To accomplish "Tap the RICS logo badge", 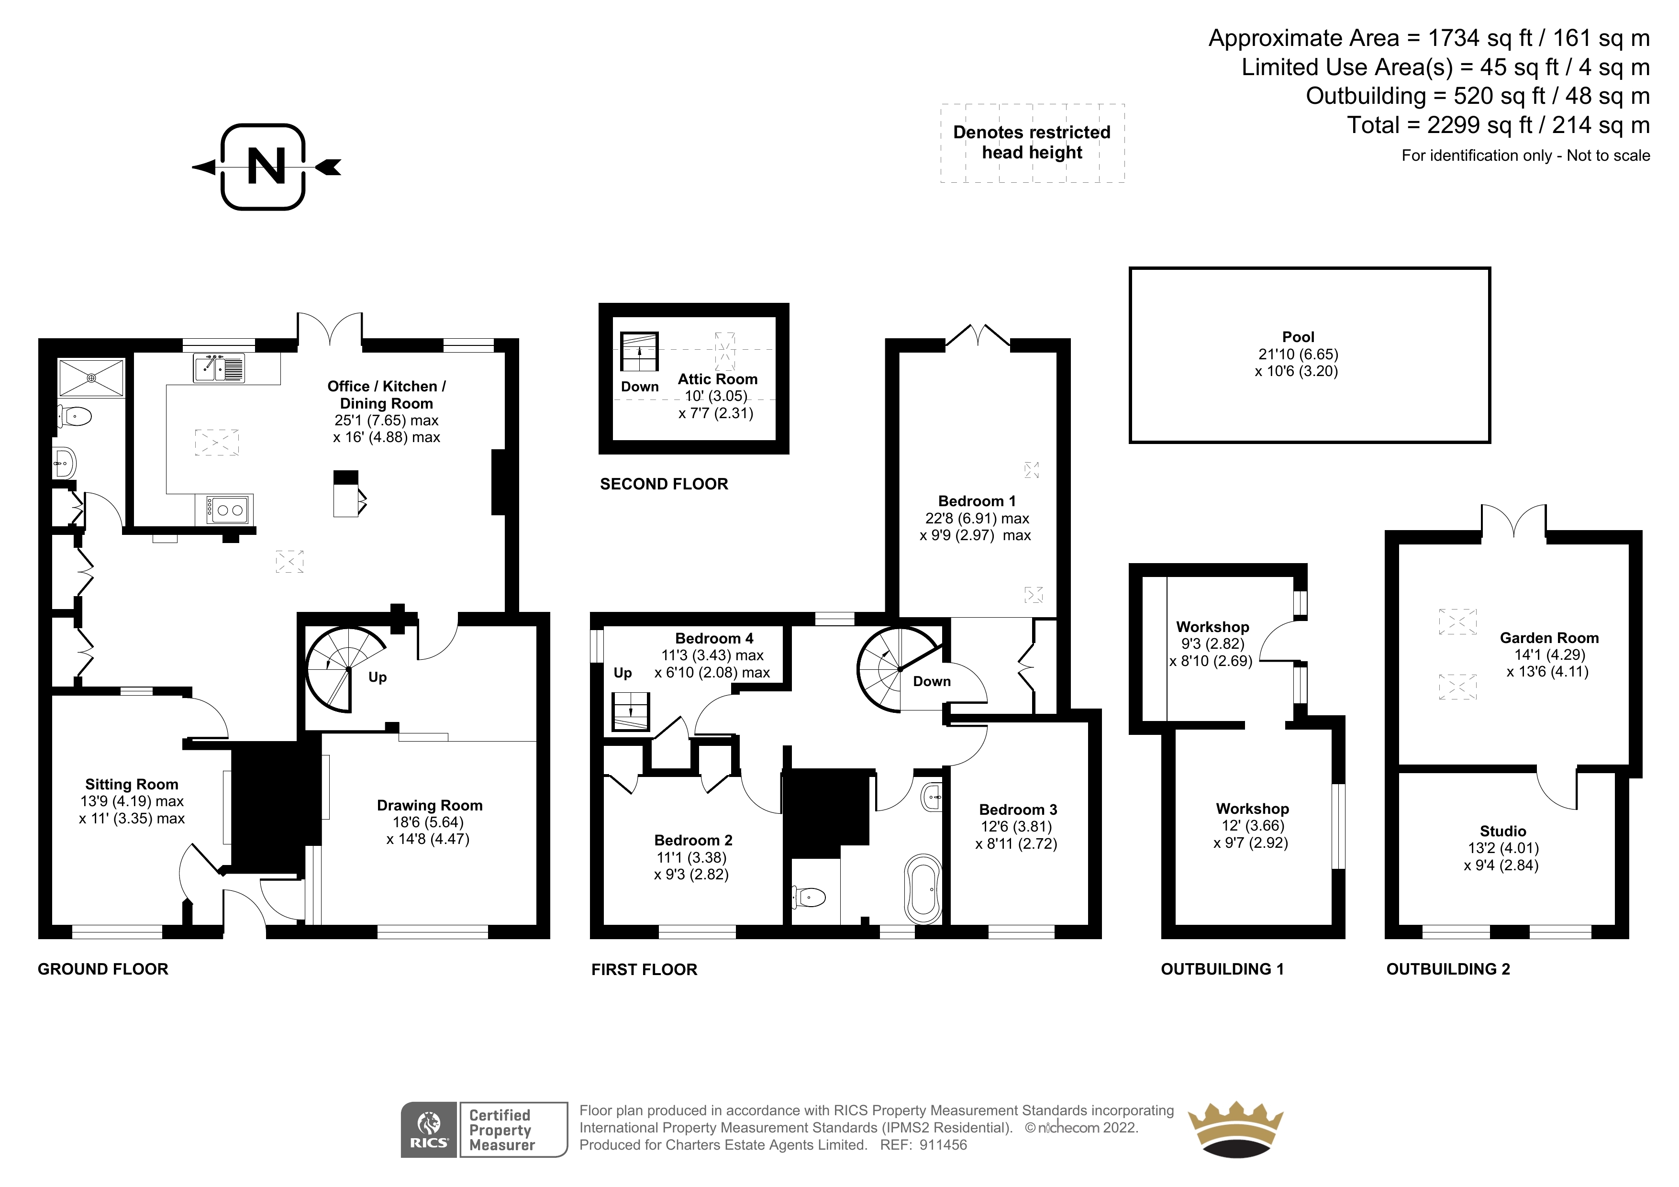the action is [x=429, y=1130].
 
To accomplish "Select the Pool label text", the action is [x=1298, y=337].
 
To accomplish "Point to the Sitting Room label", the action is [x=132, y=785].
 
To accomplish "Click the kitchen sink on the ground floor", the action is [x=219, y=368].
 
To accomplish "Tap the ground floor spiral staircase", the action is [x=345, y=670].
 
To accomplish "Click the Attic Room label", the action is [x=717, y=379].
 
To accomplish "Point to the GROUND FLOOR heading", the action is [x=103, y=969].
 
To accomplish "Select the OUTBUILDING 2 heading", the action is [x=1448, y=969].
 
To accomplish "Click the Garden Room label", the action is [x=1549, y=638].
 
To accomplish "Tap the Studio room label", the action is [x=1503, y=831].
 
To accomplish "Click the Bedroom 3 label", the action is [x=1018, y=810].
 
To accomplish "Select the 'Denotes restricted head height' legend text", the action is [x=1032, y=143].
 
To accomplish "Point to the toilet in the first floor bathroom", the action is [x=808, y=897].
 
